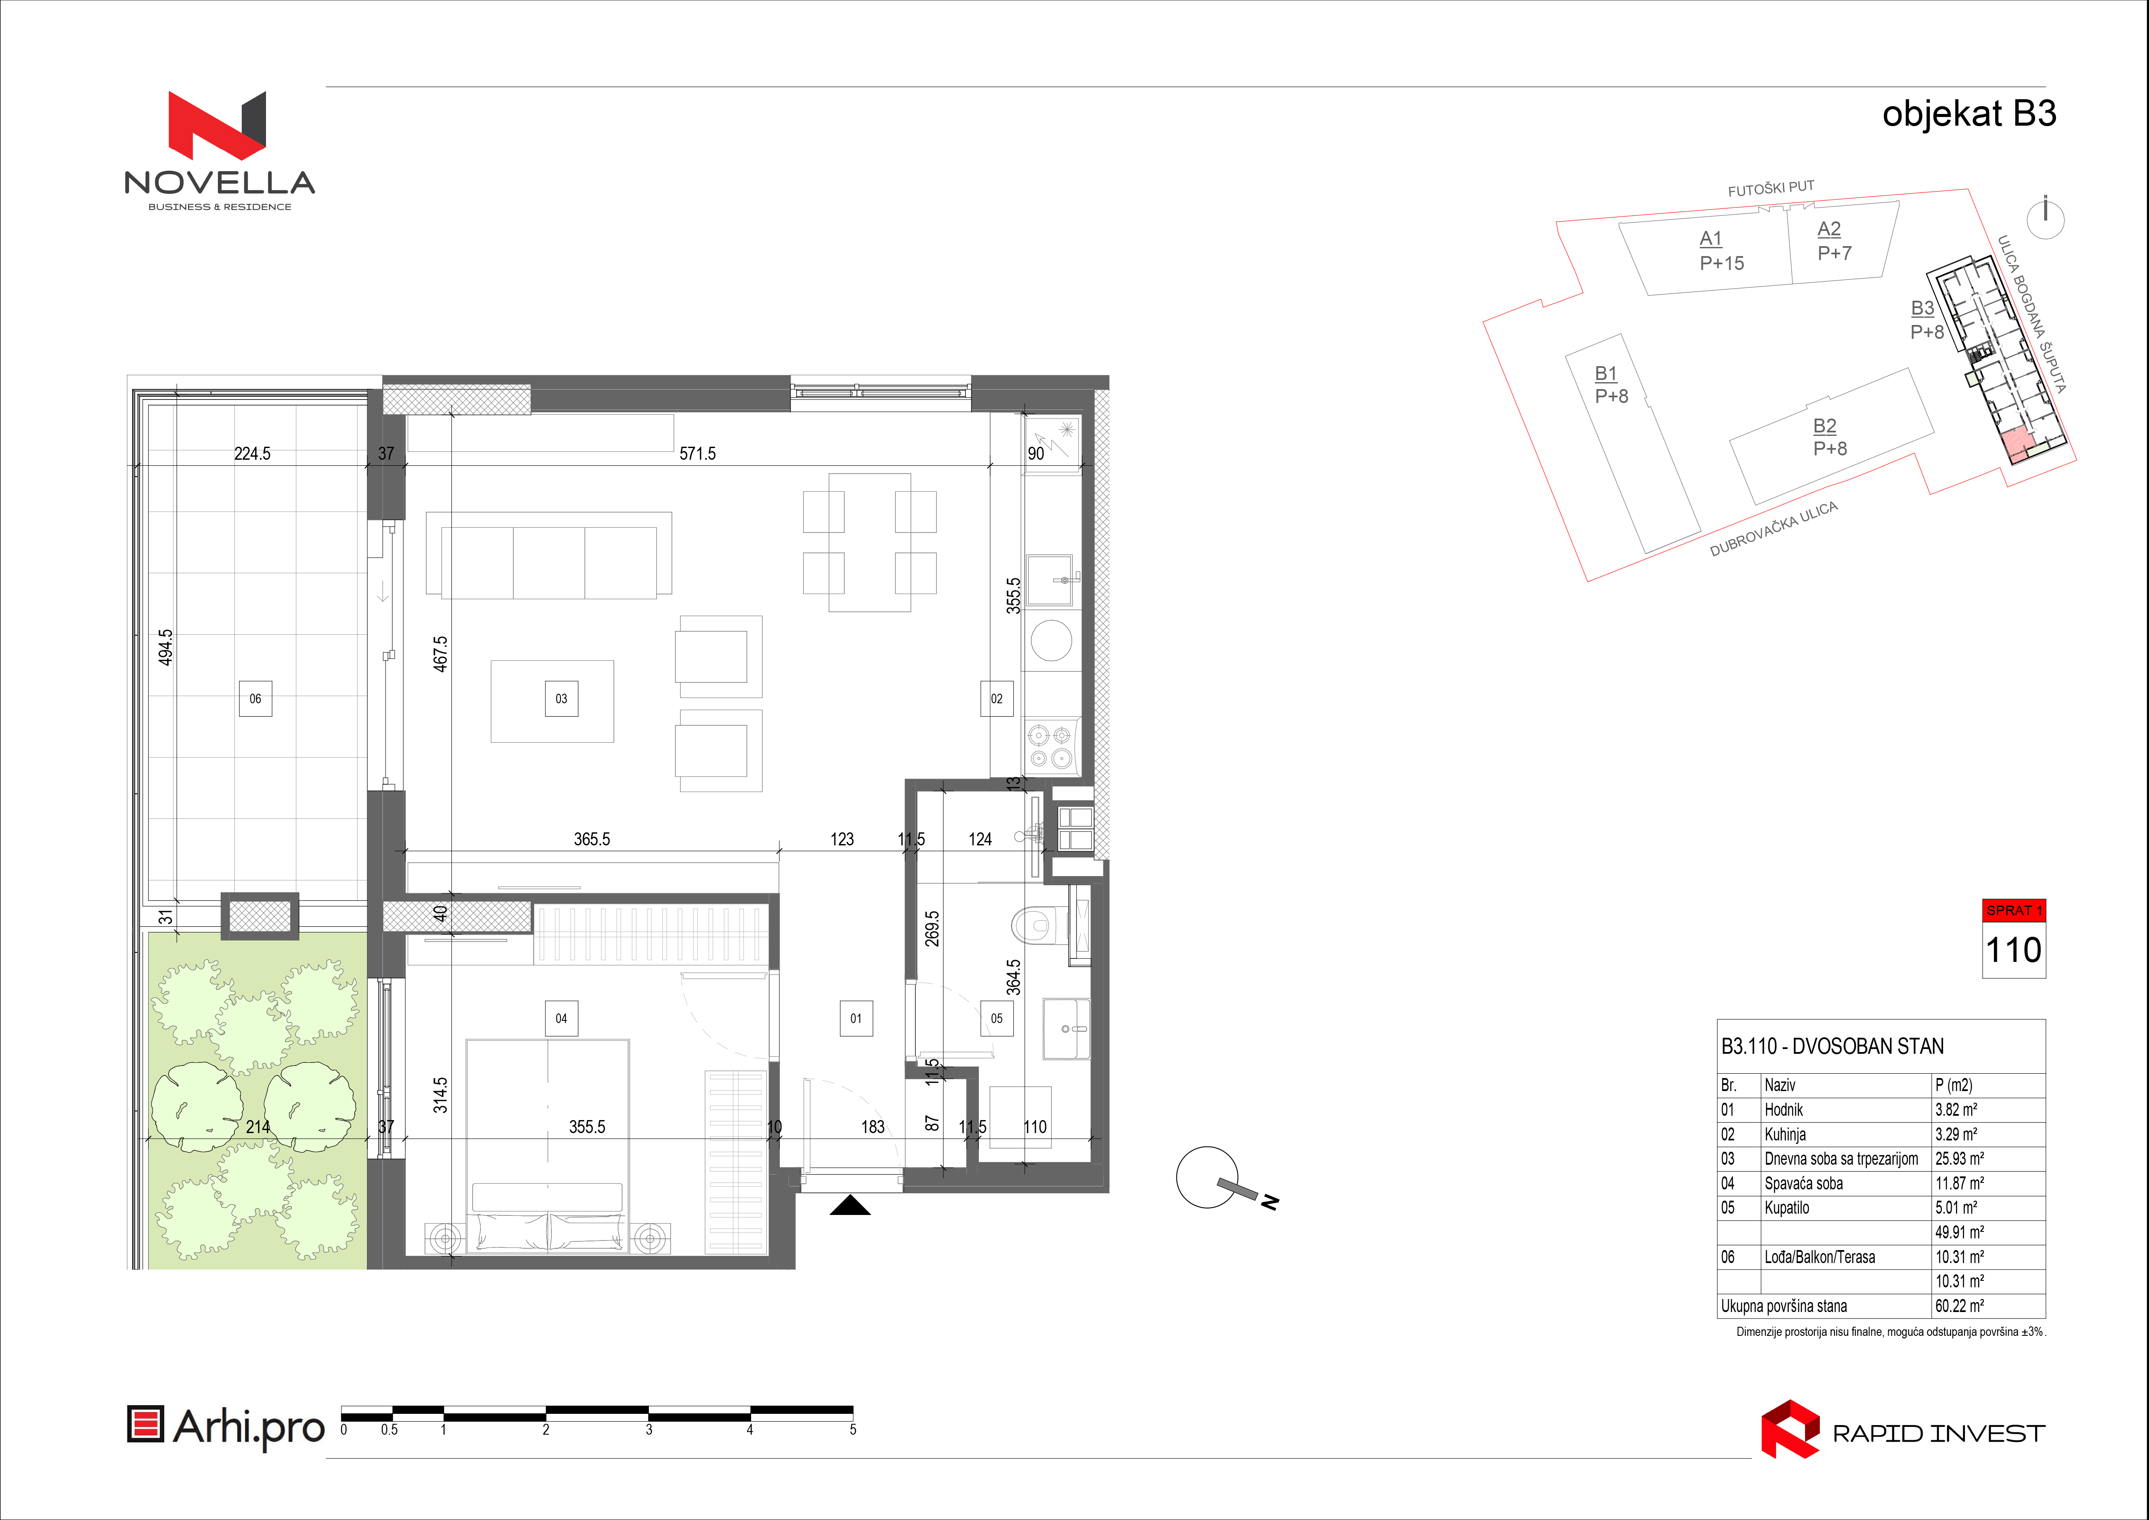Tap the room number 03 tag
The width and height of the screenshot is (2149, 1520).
(561, 698)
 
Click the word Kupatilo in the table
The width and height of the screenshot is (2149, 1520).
(1787, 1208)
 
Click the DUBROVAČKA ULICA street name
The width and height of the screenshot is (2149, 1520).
(1774, 529)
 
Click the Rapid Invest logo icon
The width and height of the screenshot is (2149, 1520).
(1789, 1429)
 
